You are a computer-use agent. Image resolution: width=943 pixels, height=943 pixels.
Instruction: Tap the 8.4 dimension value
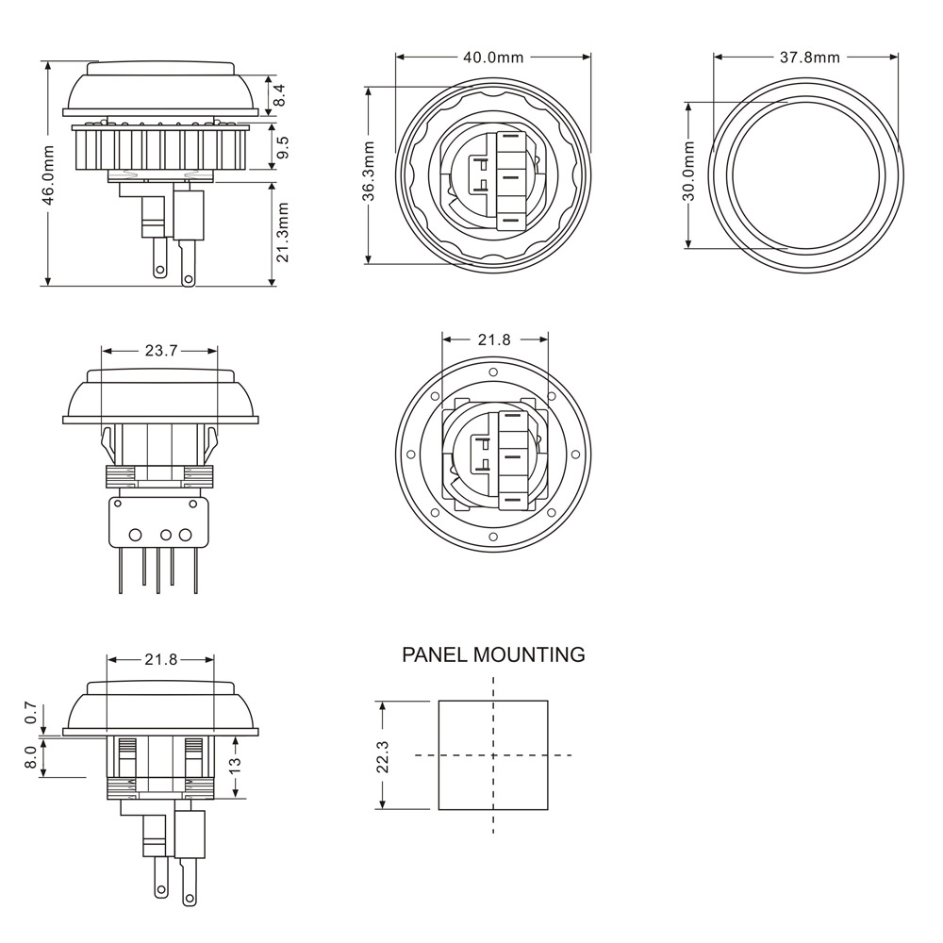279,95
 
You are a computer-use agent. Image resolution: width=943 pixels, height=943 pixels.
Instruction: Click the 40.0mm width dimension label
493,58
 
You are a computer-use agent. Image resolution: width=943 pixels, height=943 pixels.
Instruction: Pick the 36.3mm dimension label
370,172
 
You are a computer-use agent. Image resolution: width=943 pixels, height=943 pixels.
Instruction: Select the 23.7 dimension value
161,351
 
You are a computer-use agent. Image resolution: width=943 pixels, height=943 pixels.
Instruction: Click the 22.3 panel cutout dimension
383,755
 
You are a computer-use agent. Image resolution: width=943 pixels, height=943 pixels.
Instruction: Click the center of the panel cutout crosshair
493,755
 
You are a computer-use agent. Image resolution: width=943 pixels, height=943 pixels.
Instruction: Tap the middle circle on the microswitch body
166,536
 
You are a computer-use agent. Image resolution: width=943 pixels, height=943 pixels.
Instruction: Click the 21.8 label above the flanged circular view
494,339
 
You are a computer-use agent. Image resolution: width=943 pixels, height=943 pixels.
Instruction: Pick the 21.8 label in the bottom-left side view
161,659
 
